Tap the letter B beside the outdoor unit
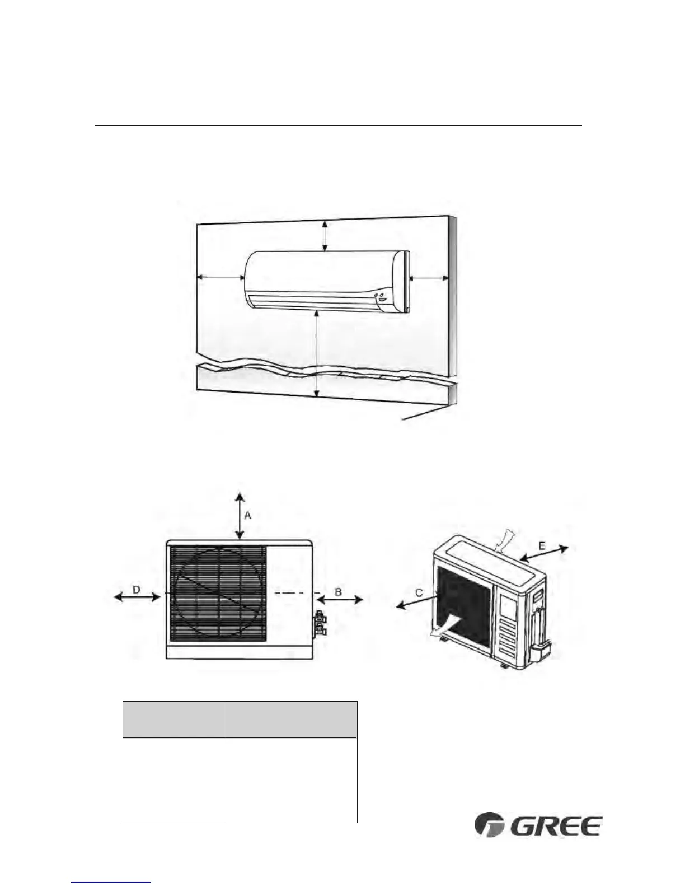pos(339,591)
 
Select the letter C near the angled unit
pos(419,593)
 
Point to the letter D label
pos(136,589)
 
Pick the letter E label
pos(542,545)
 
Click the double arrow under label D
pos(137,597)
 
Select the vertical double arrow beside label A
pos(240,516)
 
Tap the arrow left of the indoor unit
pos(221,277)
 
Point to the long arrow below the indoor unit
pos(317,353)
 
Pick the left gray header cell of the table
pos(173,719)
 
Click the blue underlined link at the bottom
pos(111,883)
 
